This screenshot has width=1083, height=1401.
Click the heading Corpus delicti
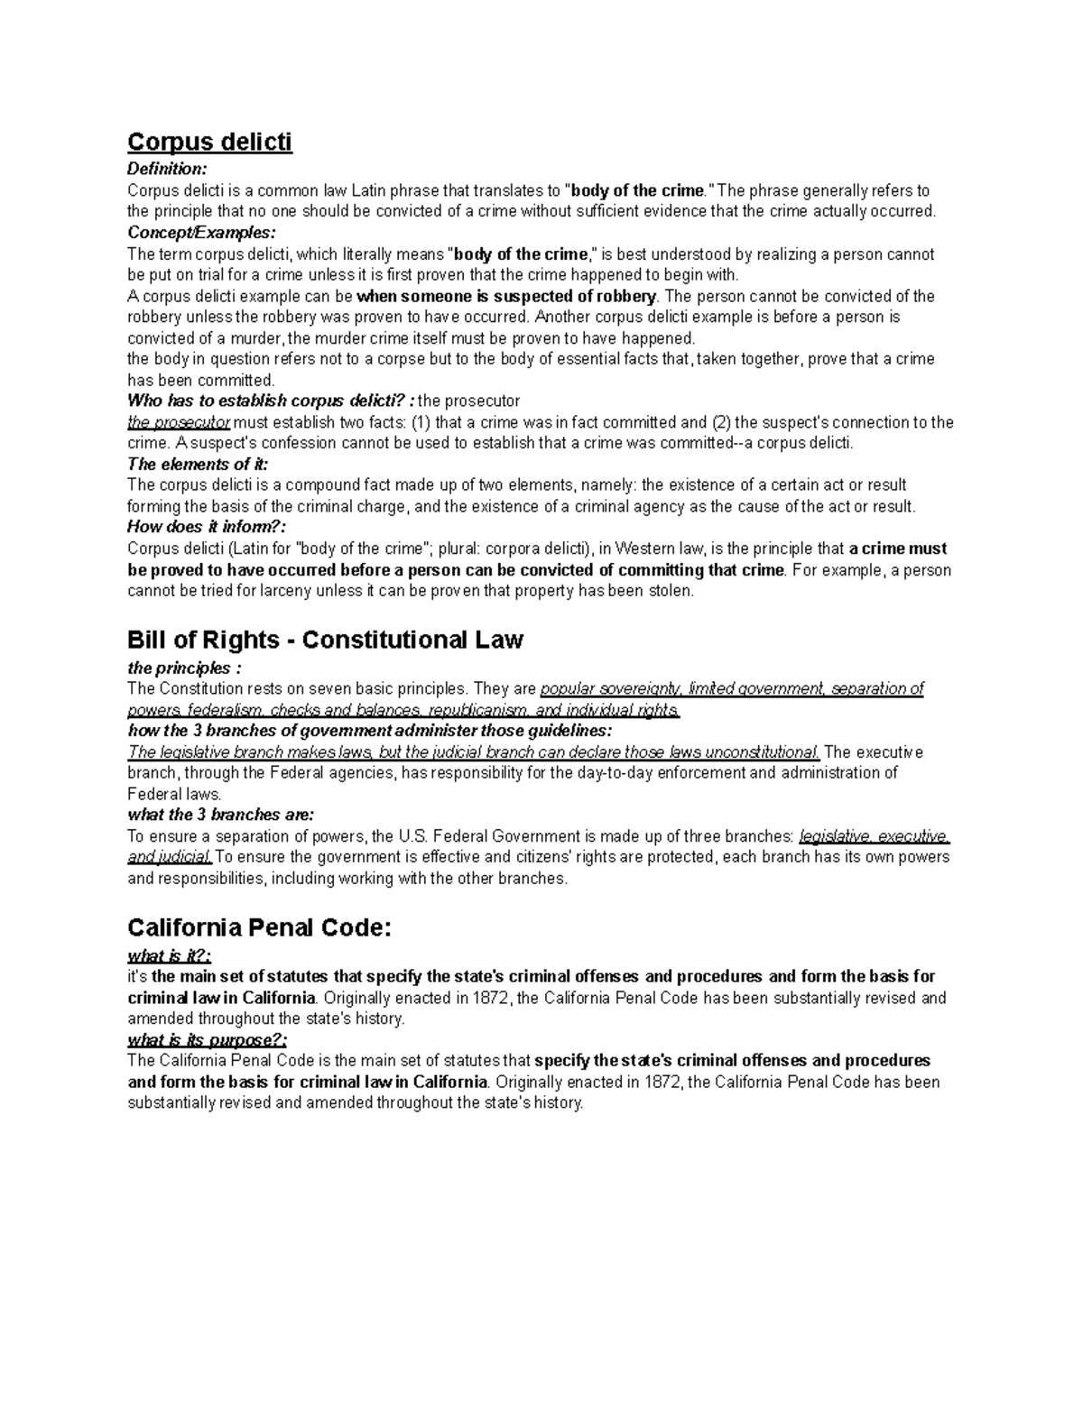tap(209, 142)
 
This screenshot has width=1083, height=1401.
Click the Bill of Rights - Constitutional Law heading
tap(325, 640)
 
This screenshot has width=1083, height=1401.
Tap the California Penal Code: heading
tap(260, 927)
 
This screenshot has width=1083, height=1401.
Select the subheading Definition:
tap(167, 169)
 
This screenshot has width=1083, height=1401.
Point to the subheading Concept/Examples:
tap(200, 233)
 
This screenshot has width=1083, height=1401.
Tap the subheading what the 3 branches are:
tap(220, 815)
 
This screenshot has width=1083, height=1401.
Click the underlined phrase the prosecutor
tap(179, 422)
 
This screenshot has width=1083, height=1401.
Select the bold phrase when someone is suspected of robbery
tap(508, 296)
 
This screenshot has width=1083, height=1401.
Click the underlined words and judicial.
tap(170, 857)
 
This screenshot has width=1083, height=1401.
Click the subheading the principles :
tap(184, 668)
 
